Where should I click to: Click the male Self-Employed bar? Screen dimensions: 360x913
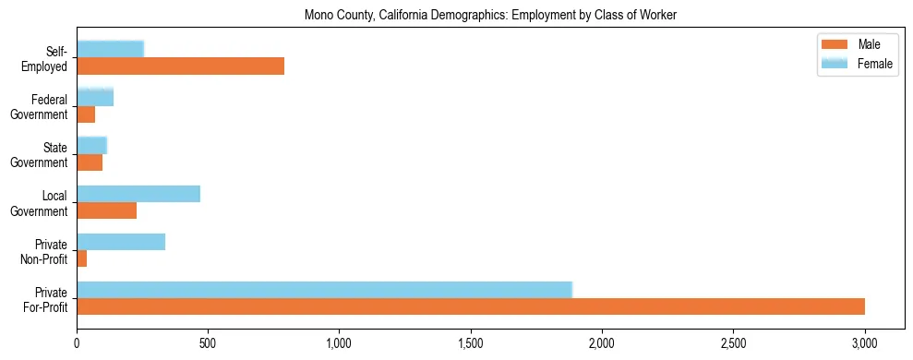180,66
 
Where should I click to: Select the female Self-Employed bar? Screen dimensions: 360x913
110,49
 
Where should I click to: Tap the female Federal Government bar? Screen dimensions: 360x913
95,97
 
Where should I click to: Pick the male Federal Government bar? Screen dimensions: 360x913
86,114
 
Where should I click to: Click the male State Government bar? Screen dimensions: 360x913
90,162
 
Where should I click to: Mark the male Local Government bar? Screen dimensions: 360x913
106,211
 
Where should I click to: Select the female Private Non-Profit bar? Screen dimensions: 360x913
121,242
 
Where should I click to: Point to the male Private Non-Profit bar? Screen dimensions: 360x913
81,259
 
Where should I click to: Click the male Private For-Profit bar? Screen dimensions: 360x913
471,307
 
